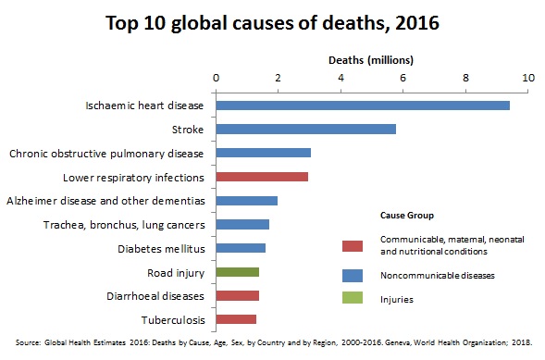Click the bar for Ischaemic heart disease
pyautogui.click(x=362, y=106)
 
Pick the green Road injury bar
pyautogui.click(x=237, y=272)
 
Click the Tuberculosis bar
pyautogui.click(x=235, y=319)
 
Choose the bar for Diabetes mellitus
pyautogui.click(x=241, y=248)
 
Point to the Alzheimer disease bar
pyautogui.click(x=246, y=200)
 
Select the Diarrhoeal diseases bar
pyautogui.click(x=237, y=295)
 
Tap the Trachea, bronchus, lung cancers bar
pyautogui.click(x=242, y=224)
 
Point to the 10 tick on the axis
pyautogui.click(x=528, y=78)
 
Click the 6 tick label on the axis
pyautogui.click(x=403, y=78)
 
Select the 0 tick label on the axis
pyautogui.click(x=216, y=78)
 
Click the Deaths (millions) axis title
pyautogui.click(x=371, y=59)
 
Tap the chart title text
pyautogui.click(x=272, y=21)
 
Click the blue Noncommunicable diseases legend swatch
pyautogui.click(x=351, y=275)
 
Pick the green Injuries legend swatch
pyautogui.click(x=351, y=299)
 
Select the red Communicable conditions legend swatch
pyautogui.click(x=351, y=245)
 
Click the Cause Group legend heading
pyautogui.click(x=408, y=214)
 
